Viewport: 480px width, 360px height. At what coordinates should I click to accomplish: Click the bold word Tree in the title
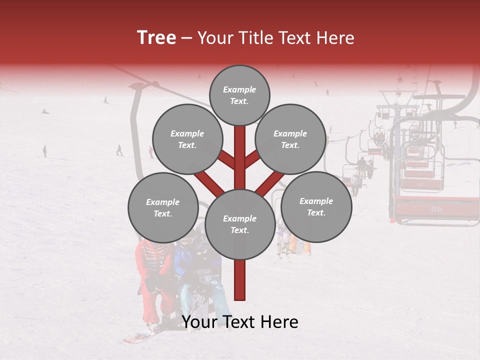click(x=156, y=38)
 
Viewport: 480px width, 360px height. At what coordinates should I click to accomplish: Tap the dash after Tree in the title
click(x=186, y=38)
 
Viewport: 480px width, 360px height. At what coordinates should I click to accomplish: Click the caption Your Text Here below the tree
click(x=240, y=322)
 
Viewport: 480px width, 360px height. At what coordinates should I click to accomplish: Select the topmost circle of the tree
click(x=239, y=95)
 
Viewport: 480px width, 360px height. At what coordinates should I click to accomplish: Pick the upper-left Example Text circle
click(x=187, y=139)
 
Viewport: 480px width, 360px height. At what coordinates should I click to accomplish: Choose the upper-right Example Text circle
click(x=290, y=139)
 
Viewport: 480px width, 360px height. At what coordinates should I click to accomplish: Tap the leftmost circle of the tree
click(x=163, y=207)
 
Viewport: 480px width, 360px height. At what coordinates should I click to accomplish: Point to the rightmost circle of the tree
click(x=316, y=206)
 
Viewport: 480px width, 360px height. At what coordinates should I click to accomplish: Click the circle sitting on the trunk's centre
click(x=240, y=224)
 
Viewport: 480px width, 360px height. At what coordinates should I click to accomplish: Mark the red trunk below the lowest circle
click(x=240, y=280)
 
